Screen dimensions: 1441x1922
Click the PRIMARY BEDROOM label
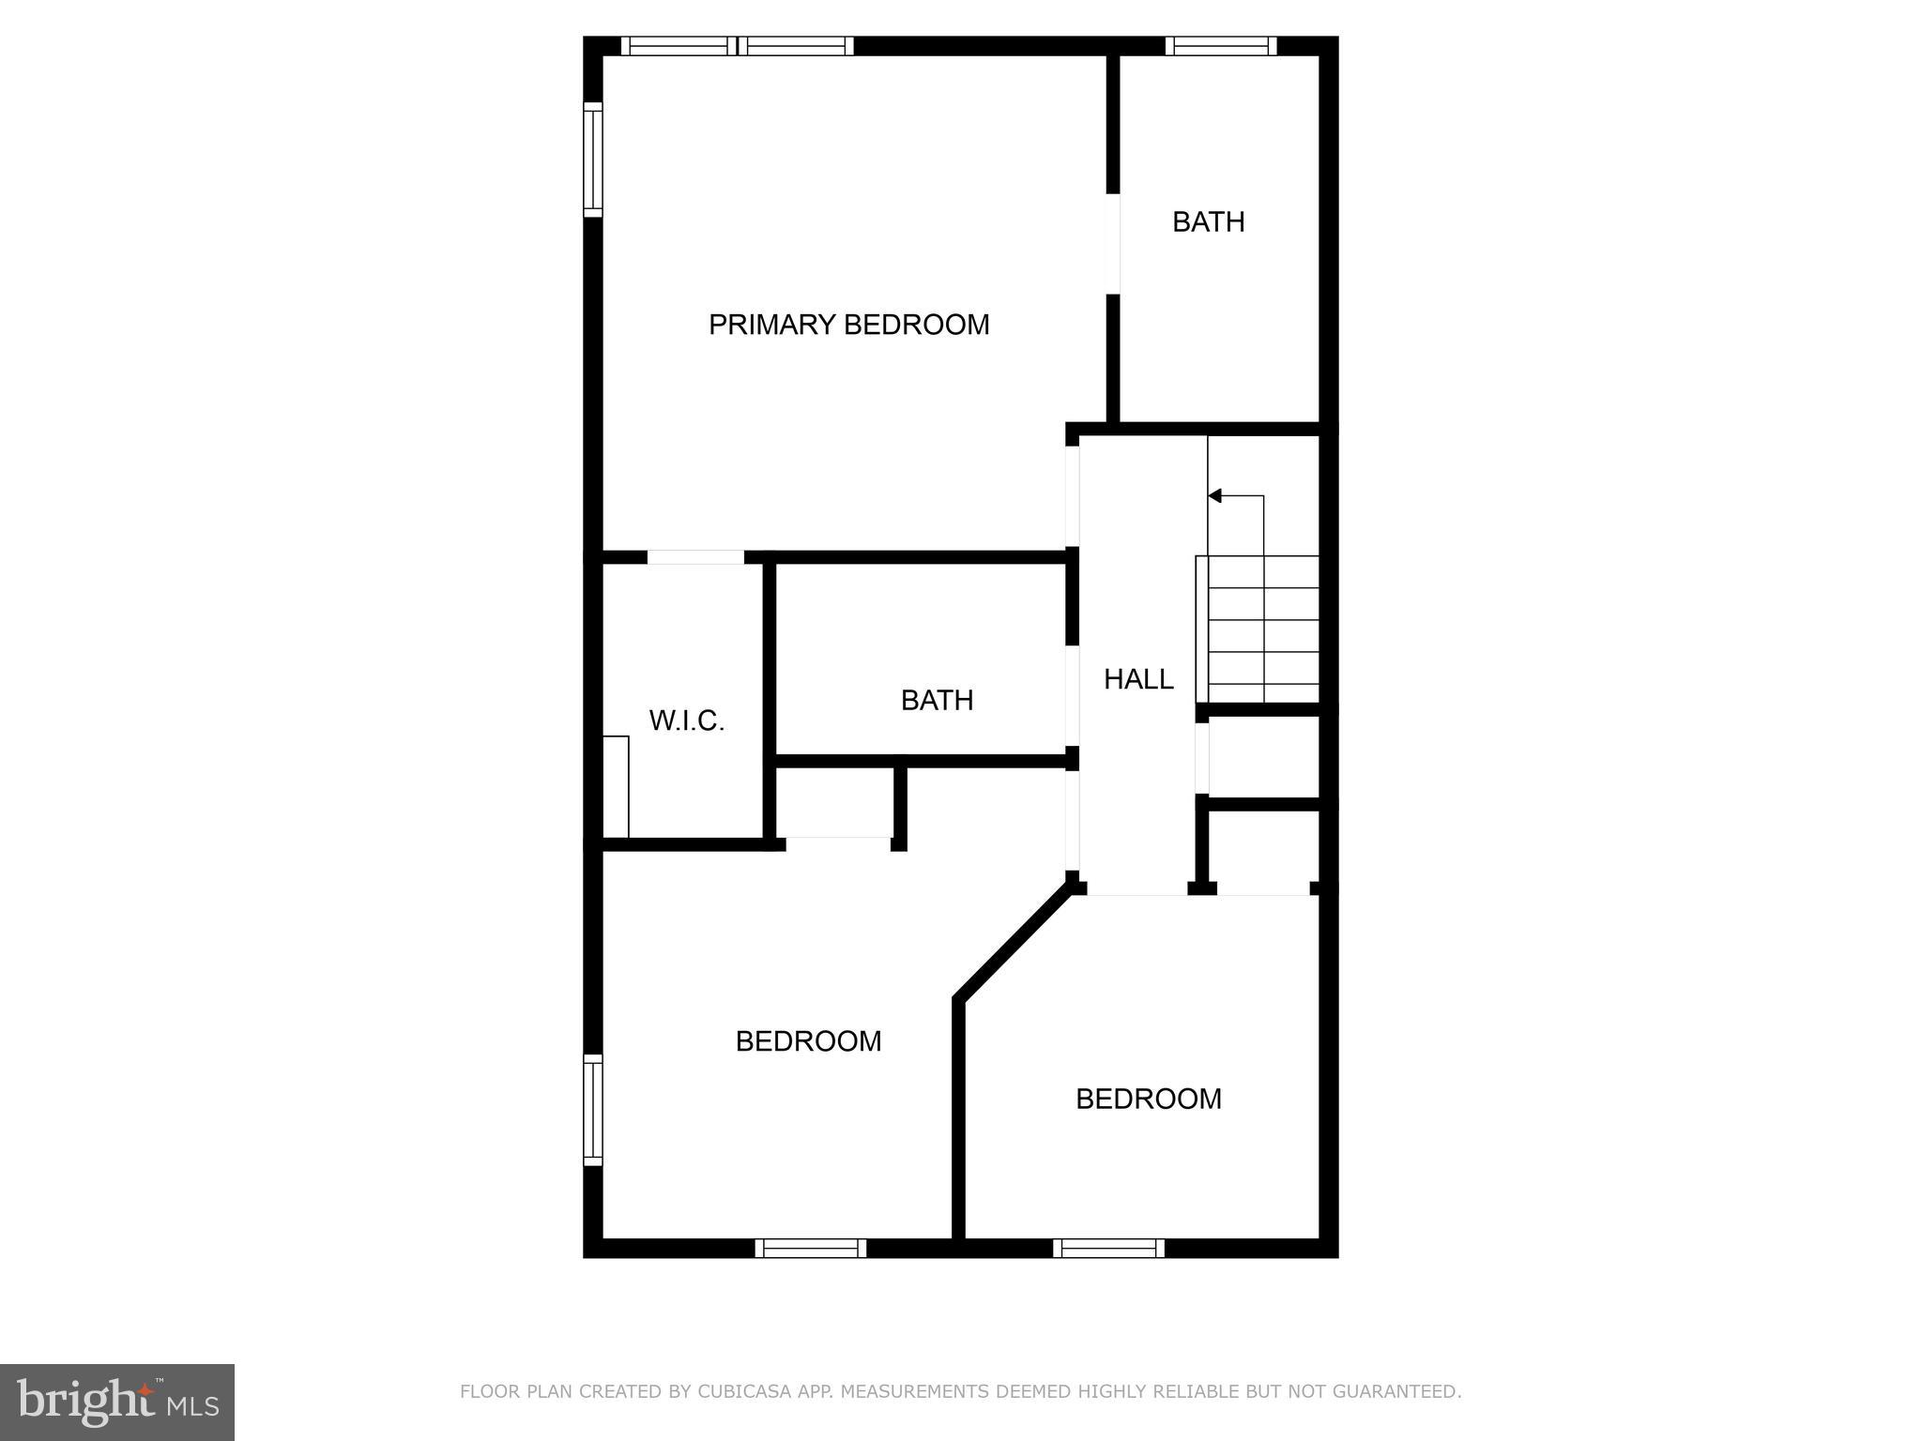click(848, 325)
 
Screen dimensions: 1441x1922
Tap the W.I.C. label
click(687, 720)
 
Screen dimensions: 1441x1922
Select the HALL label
click(1138, 679)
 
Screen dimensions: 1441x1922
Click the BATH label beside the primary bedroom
click(1209, 222)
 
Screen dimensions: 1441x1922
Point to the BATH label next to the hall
click(937, 701)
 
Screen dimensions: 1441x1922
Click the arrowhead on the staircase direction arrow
click(1214, 495)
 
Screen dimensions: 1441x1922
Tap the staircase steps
click(1263, 629)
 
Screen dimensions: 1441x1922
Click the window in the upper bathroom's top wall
click(1221, 46)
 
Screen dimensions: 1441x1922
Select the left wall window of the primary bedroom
click(592, 159)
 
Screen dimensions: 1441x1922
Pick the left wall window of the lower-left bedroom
click(592, 1110)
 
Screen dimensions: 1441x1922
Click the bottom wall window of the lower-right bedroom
click(1108, 1248)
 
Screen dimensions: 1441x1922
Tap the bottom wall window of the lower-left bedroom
click(810, 1248)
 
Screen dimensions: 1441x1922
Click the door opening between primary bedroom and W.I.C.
click(695, 557)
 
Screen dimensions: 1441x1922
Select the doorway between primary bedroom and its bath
click(1113, 244)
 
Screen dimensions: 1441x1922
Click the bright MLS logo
click(117, 1403)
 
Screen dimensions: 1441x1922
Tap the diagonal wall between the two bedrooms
click(1014, 946)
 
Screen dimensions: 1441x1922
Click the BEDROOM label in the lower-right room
click(1149, 1100)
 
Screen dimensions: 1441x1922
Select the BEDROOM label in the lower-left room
click(808, 1041)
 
